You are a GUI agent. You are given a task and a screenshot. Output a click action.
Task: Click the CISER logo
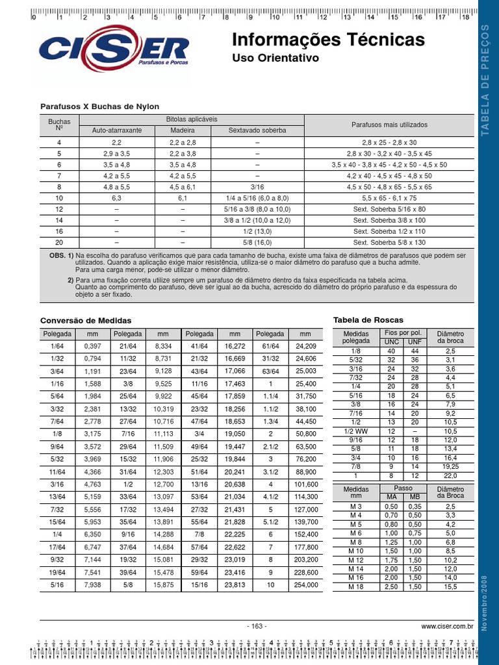tap(114, 52)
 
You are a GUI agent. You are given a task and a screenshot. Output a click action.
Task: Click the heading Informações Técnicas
tap(328, 40)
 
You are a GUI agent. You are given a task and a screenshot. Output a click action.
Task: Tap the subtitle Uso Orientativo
tap(276, 58)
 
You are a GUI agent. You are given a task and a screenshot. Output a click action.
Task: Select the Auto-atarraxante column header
tap(117, 131)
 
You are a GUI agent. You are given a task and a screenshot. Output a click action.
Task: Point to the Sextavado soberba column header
tap(257, 131)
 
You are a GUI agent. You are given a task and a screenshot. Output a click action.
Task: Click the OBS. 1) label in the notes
tap(62, 256)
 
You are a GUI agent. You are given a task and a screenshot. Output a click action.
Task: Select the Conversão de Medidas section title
tap(86, 321)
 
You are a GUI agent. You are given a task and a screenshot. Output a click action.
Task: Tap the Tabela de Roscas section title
tap(368, 320)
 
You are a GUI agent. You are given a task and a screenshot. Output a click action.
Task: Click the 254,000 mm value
tap(306, 585)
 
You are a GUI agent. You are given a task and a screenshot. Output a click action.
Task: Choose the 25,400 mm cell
tap(306, 384)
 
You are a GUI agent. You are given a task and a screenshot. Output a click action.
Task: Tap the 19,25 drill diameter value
tap(450, 466)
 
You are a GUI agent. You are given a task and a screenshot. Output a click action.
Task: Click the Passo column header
tap(403, 488)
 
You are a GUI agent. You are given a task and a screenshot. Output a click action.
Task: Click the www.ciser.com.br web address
tap(447, 627)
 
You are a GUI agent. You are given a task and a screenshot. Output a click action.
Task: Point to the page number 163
tap(257, 627)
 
